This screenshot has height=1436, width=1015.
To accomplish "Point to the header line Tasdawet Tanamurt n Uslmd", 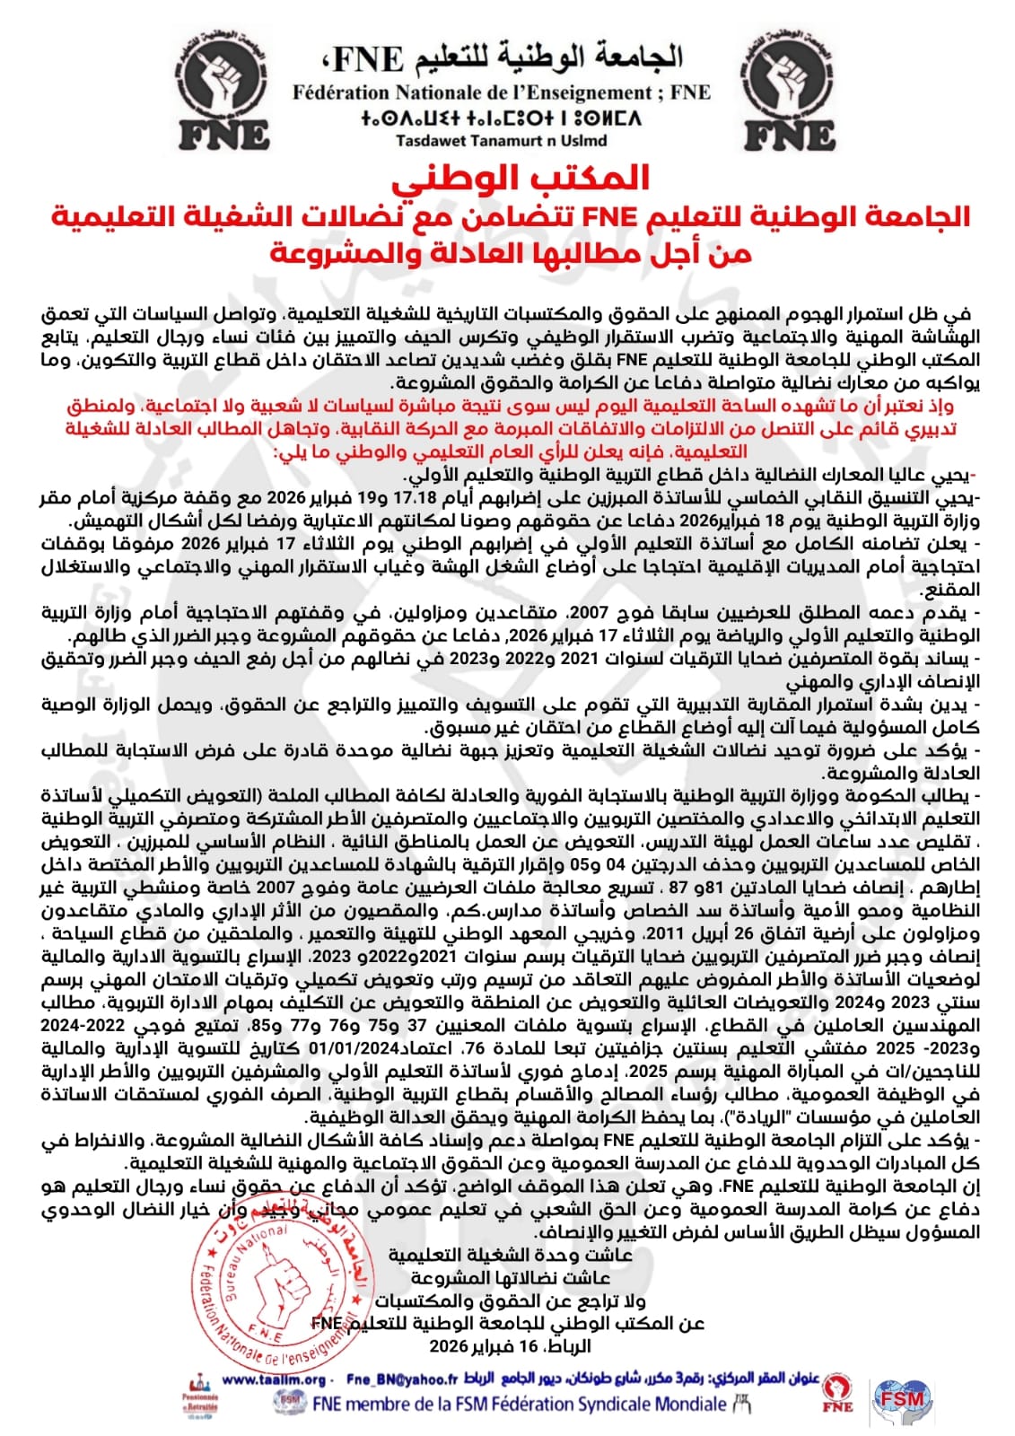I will (501, 140).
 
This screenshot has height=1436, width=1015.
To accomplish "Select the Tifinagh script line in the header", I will (501, 118).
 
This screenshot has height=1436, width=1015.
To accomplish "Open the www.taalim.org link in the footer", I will (274, 1380).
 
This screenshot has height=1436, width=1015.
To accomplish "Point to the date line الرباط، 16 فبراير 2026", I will (510, 1346).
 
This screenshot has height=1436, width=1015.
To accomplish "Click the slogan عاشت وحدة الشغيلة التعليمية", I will (510, 1255).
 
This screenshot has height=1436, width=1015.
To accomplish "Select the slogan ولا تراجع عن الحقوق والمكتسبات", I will (510, 1300).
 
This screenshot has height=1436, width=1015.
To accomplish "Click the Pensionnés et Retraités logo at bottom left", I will (199, 1403).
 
